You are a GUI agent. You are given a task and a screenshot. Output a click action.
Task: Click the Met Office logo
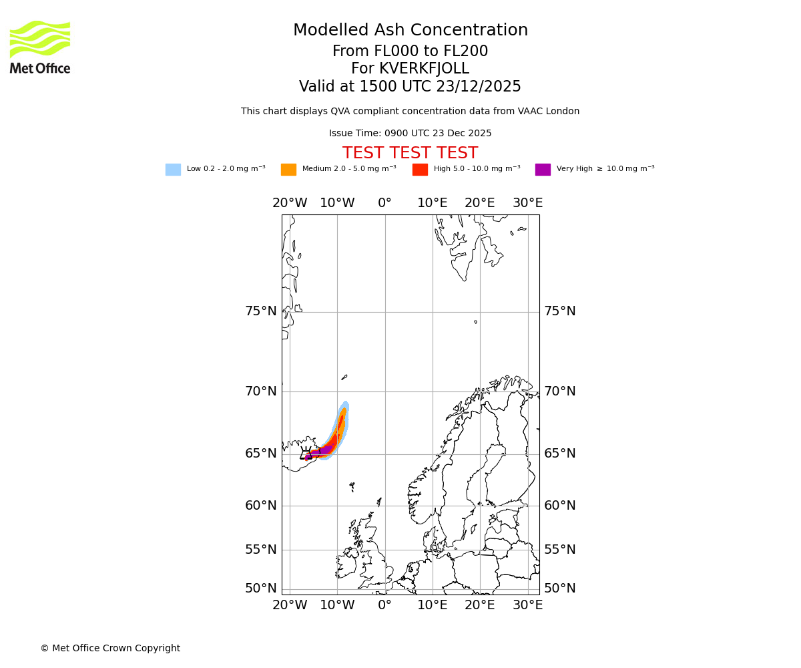[x=40, y=47]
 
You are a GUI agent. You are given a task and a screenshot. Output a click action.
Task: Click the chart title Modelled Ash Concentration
[x=411, y=31]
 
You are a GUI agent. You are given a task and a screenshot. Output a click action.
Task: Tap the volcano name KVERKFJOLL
[x=424, y=69]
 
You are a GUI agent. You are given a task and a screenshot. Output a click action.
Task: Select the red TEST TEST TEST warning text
[x=410, y=154]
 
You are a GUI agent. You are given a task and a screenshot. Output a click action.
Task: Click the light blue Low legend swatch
[x=173, y=170]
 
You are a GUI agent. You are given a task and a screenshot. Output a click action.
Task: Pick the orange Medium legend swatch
[x=288, y=170]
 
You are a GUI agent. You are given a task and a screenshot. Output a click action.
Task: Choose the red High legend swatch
[x=420, y=170]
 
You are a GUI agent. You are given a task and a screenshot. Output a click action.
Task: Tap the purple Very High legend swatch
[x=543, y=170]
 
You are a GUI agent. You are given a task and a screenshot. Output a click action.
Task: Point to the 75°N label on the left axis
[x=260, y=311]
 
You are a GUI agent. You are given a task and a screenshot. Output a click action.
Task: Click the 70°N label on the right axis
[x=559, y=391]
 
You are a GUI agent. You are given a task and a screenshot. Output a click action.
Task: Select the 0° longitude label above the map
[x=384, y=203]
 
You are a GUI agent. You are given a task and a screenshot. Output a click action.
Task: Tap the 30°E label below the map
[x=527, y=605]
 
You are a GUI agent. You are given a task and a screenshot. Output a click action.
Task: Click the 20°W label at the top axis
[x=290, y=203]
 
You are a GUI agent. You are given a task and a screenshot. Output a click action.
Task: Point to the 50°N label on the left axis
[x=260, y=589]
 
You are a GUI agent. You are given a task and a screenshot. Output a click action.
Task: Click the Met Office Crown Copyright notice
[x=110, y=649]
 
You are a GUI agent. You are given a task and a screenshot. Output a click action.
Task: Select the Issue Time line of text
[x=410, y=134]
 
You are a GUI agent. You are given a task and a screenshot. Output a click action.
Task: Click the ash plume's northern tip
[x=345, y=403]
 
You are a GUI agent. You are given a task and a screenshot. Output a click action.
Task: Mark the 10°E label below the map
[x=433, y=605]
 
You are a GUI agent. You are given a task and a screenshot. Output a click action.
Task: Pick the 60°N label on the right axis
[x=559, y=506]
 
